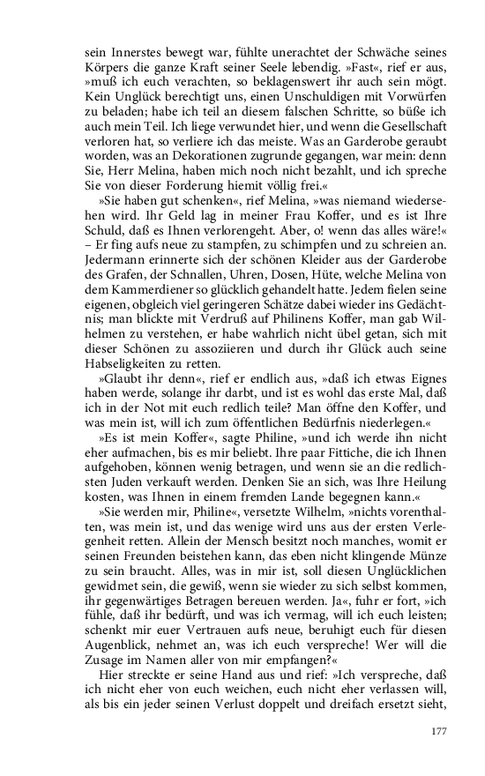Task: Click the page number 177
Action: click(x=440, y=731)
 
